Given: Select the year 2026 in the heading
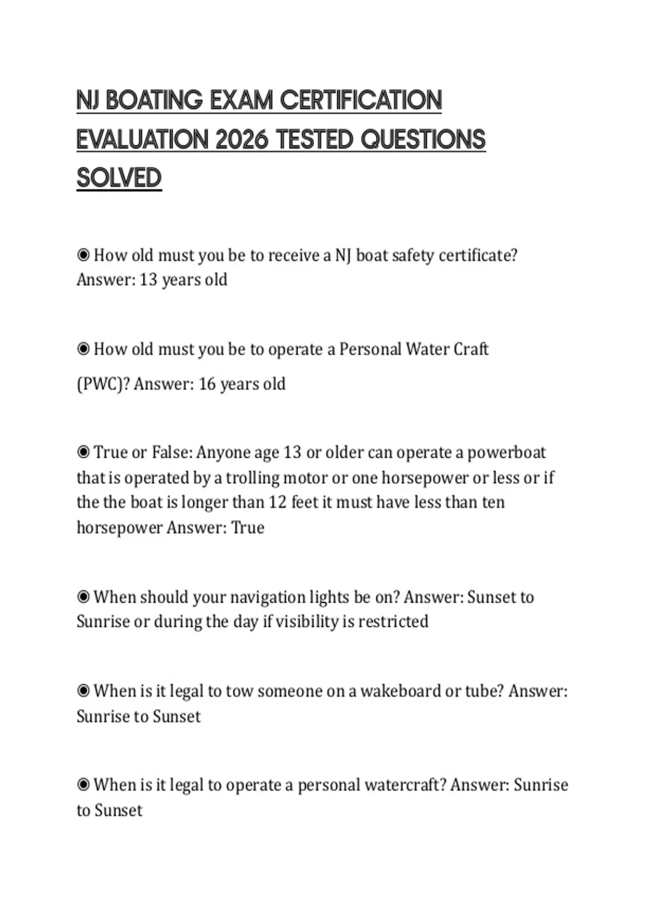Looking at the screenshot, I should [241, 140].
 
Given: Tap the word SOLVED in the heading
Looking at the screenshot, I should [119, 178].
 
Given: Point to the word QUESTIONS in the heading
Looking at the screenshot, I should [423, 140].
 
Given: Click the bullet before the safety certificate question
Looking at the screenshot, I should [83, 255].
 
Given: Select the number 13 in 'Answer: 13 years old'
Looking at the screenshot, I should [148, 280].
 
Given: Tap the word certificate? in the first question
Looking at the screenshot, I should [478, 255].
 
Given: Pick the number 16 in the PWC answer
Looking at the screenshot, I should [207, 384].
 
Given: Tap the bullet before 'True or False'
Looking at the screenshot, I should [83, 452].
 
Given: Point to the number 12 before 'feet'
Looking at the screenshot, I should [278, 502].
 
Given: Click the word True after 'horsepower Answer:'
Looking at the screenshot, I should [248, 528].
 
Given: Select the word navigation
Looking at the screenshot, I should [267, 597].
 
